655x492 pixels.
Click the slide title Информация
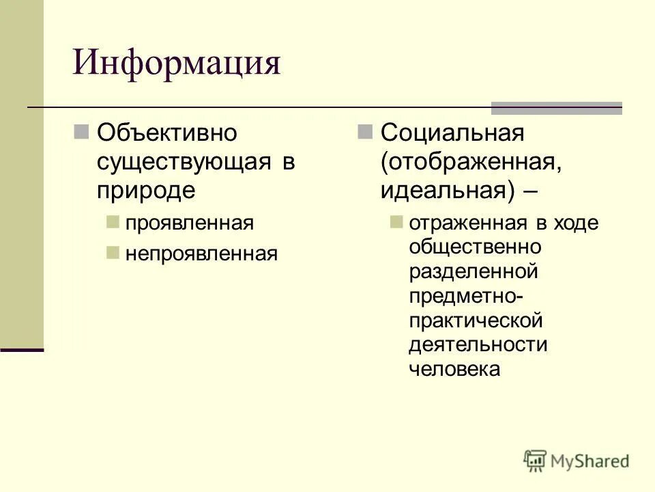[177, 64]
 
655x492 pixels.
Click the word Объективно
[166, 132]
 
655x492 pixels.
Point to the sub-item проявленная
[189, 223]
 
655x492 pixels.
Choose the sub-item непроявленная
[201, 254]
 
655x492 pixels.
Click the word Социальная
[452, 132]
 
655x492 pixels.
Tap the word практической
[476, 320]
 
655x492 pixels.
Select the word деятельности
[478, 344]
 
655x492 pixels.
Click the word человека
[454, 369]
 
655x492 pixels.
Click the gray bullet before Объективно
[81, 130]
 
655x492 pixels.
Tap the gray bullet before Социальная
[365, 130]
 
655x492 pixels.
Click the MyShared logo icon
[536, 461]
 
